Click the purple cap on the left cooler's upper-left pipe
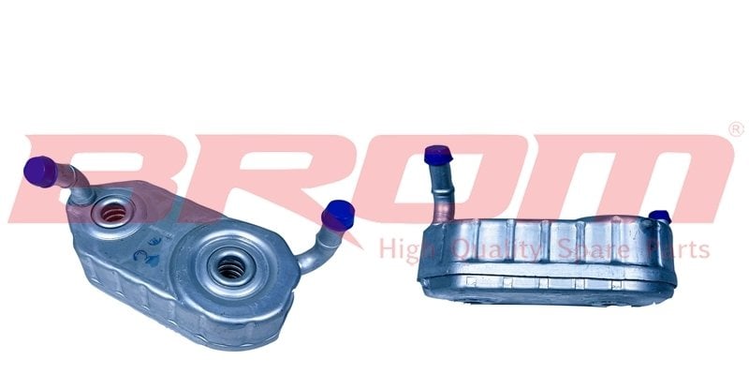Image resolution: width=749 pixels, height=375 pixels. (x=40, y=172)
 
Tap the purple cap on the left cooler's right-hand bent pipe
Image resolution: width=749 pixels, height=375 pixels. (x=338, y=216)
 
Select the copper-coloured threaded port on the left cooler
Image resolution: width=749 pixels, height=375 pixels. (x=113, y=213)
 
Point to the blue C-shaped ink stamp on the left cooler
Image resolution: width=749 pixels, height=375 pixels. (x=142, y=257)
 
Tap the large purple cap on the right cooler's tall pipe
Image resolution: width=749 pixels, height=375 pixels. (x=437, y=155)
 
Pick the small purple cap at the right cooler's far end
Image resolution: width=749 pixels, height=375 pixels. (x=660, y=217)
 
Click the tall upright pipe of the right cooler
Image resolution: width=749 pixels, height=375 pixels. (x=442, y=192)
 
